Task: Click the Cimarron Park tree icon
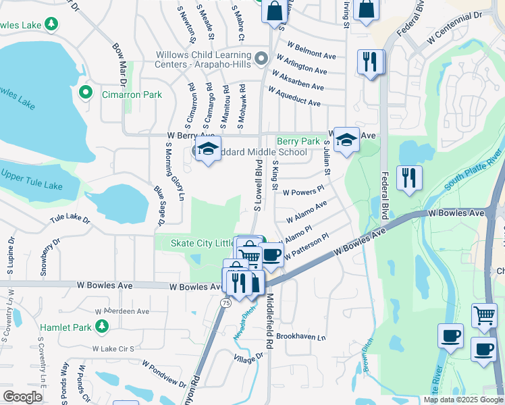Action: click(86, 92)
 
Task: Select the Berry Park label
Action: click(298, 141)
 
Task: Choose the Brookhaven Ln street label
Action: click(300, 335)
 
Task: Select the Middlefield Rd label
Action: click(269, 320)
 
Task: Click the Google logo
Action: click(22, 397)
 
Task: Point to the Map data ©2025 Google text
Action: click(463, 400)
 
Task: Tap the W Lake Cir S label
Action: click(113, 348)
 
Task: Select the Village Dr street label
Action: click(249, 358)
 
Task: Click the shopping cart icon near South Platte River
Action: click(483, 315)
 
